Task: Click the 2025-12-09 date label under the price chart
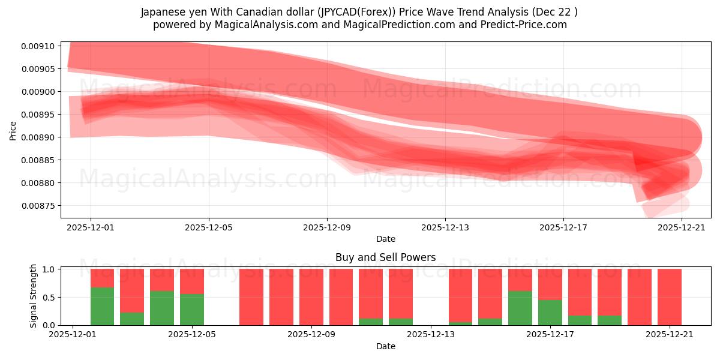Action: (327, 227)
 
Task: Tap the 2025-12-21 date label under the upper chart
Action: (682, 227)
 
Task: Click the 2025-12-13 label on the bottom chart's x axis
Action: (430, 335)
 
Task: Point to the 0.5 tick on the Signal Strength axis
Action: (49, 297)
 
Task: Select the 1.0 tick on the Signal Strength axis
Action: (49, 269)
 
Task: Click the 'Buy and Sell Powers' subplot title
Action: (385, 257)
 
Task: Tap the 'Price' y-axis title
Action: (13, 130)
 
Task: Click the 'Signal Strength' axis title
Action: (34, 296)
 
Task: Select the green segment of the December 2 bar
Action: (102, 306)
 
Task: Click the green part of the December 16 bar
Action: (520, 308)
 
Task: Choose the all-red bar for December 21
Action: (669, 297)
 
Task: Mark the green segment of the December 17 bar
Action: (550, 313)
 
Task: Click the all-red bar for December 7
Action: (251, 297)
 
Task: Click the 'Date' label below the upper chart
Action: (385, 239)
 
